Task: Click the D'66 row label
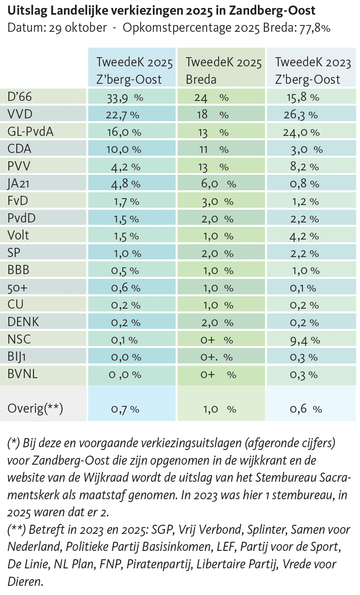tap(19, 97)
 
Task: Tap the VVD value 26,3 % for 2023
tap(300, 115)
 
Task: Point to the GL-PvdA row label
tap(30, 131)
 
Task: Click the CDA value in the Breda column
tap(213, 149)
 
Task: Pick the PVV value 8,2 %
tap(304, 167)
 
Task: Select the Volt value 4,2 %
tap(304, 236)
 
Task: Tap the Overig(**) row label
tap(35, 408)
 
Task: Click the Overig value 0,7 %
tap(125, 409)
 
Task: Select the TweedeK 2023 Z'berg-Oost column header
tap(313, 70)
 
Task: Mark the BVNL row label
tap(22, 374)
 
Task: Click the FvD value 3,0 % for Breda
tap(217, 202)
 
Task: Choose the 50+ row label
tap(17, 287)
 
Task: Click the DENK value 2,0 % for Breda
tap(217, 323)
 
